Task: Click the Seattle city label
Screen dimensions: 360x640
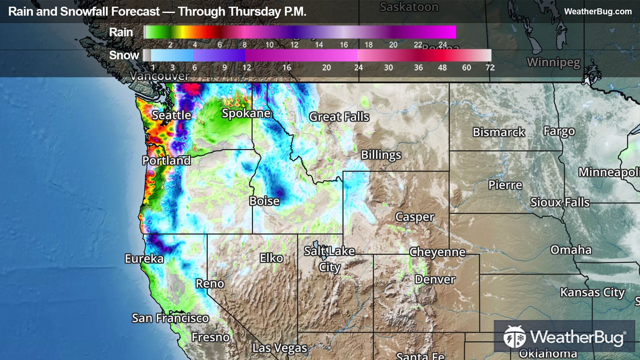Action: click(x=172, y=115)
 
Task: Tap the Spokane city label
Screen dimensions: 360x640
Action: click(x=246, y=113)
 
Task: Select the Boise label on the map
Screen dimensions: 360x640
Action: click(x=265, y=201)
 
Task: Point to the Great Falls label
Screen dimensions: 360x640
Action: click(x=339, y=117)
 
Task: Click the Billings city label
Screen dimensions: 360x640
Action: click(x=381, y=155)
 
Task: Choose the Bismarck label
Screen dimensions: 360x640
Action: click(x=499, y=132)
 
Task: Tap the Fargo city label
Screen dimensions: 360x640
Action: click(x=559, y=131)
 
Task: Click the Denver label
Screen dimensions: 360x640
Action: click(x=435, y=279)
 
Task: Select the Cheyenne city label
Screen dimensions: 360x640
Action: click(x=437, y=252)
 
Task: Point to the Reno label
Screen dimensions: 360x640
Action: click(x=209, y=284)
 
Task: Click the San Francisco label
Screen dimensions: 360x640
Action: click(x=170, y=318)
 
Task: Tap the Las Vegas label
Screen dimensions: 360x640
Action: click(x=279, y=348)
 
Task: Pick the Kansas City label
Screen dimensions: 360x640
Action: click(x=592, y=293)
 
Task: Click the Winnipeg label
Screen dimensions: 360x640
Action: click(x=553, y=62)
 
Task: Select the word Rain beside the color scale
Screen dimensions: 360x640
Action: click(x=121, y=32)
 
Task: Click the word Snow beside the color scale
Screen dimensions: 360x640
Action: click(x=124, y=55)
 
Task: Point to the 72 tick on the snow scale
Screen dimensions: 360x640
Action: click(x=490, y=67)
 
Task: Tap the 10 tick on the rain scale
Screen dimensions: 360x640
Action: click(x=270, y=45)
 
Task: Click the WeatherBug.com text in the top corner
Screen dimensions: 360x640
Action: click(x=598, y=12)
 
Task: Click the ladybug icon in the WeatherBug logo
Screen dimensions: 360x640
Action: click(x=515, y=337)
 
